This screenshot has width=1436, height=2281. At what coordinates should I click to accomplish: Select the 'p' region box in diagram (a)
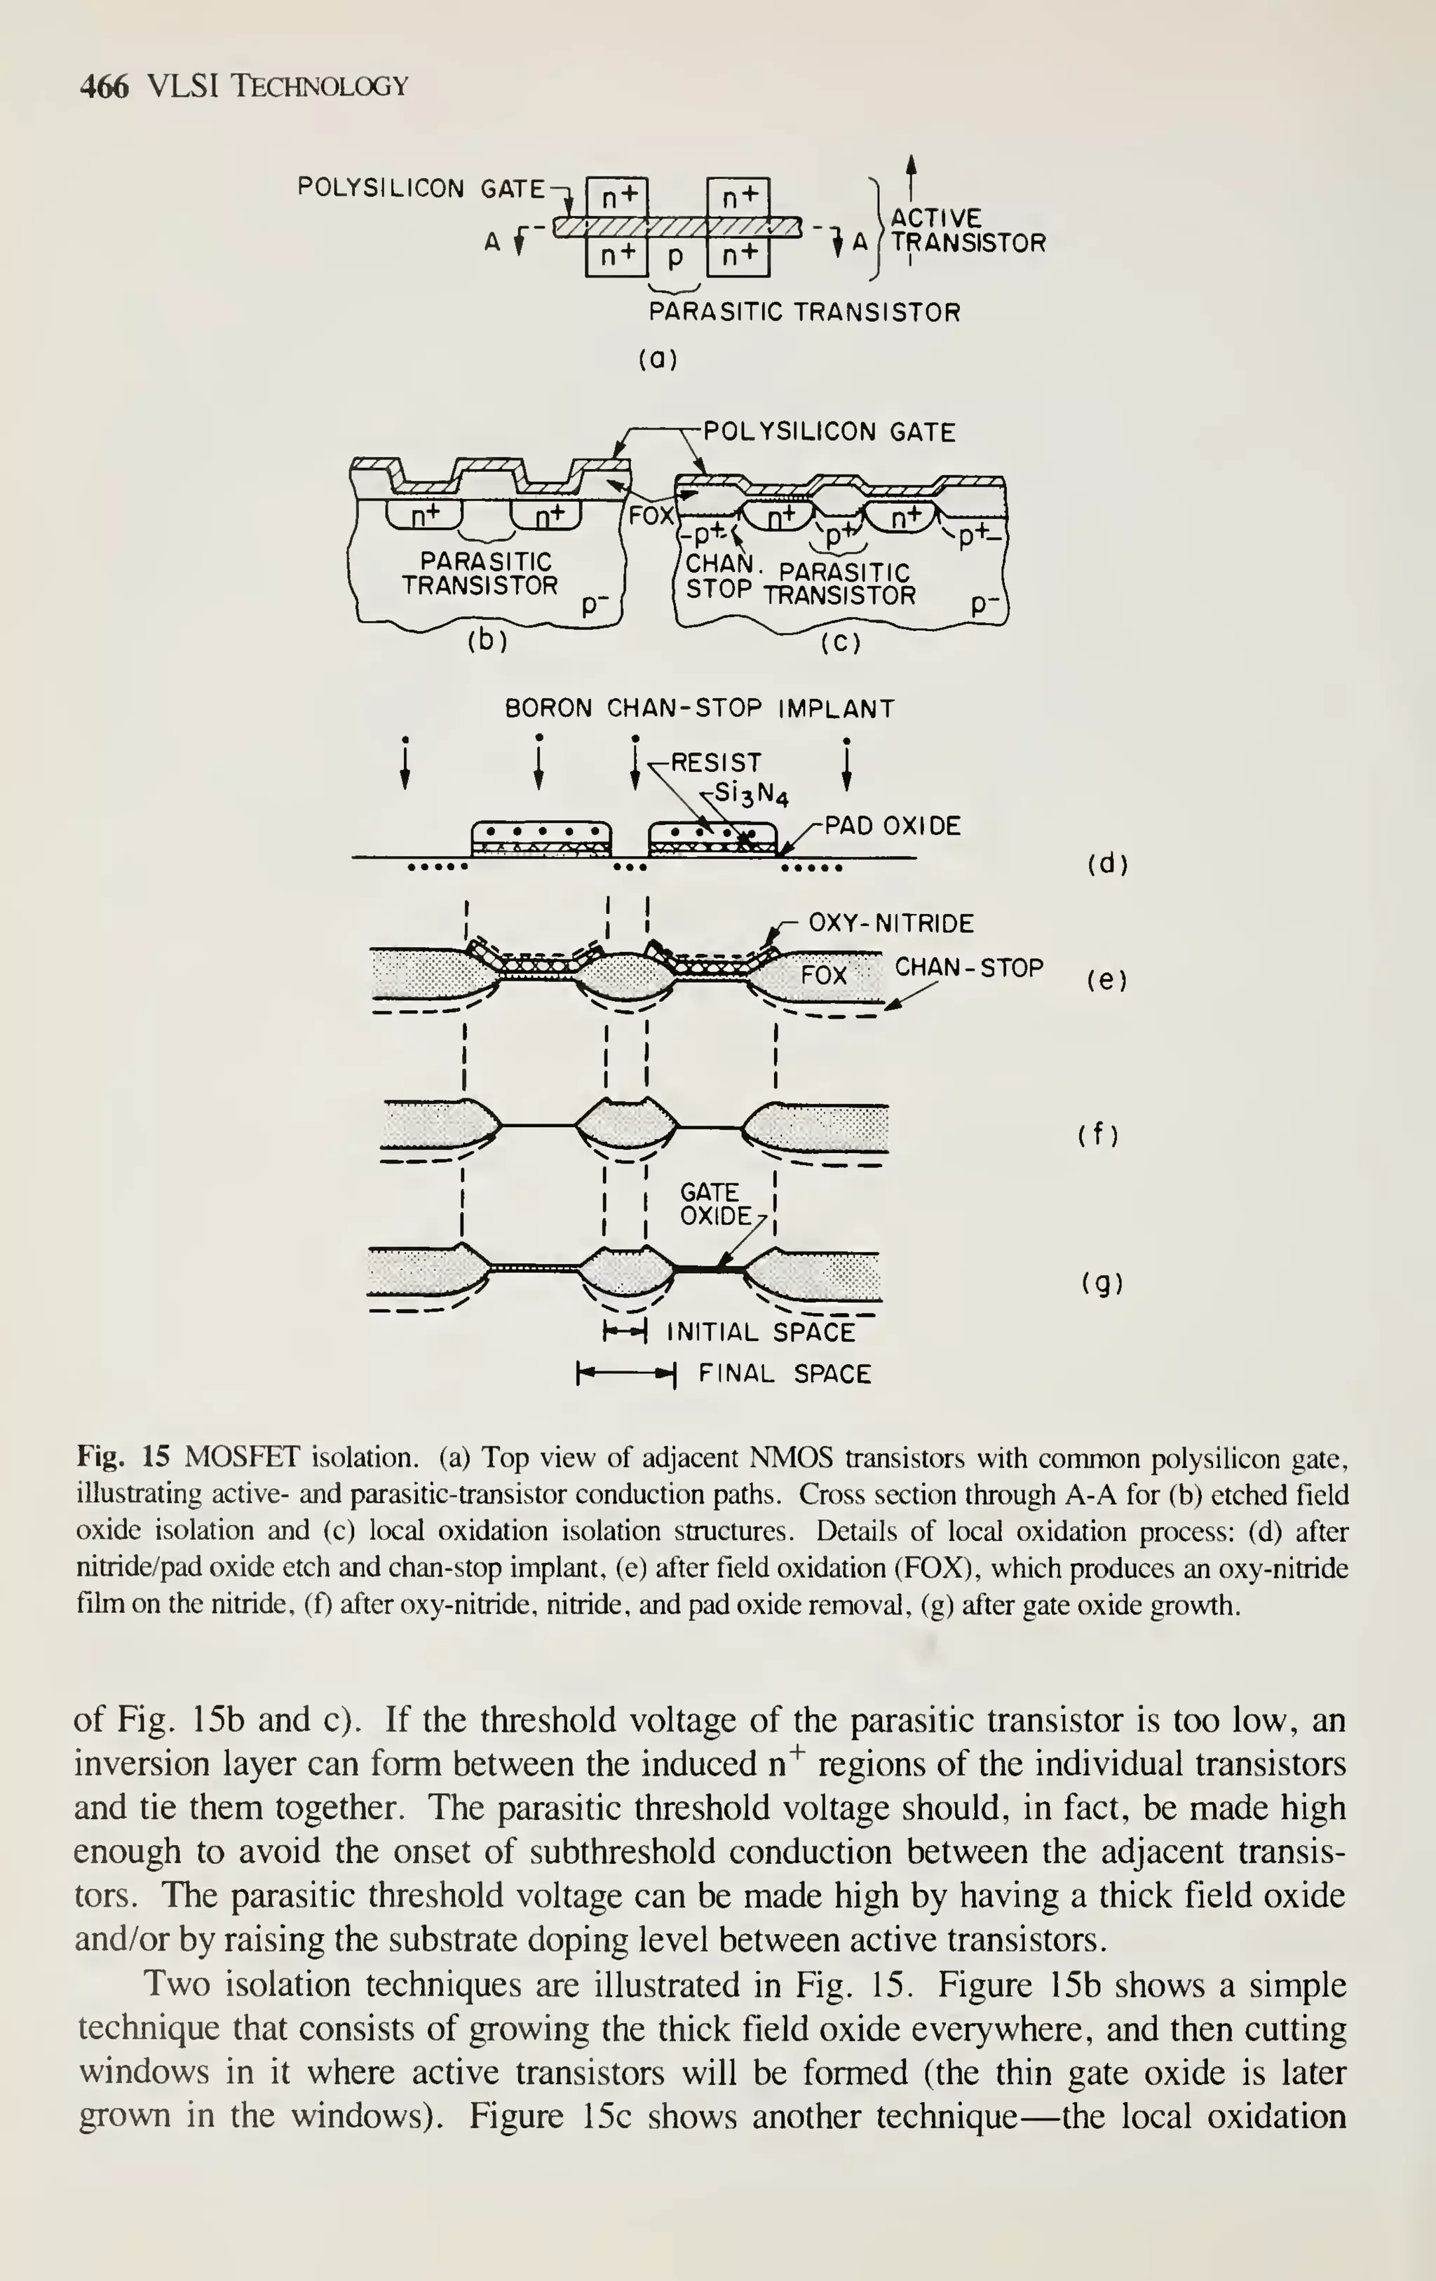tap(675, 256)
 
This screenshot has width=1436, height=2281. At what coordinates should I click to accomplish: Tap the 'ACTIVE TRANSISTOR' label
tap(966, 230)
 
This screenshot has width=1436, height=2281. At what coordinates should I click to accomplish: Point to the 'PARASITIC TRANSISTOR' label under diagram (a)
tap(804, 313)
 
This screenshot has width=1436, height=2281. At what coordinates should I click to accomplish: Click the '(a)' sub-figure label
tap(658, 360)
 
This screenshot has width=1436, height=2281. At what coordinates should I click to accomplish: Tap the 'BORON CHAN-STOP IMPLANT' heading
tap(699, 709)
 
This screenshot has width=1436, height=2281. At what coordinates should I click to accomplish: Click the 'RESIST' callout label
tap(715, 763)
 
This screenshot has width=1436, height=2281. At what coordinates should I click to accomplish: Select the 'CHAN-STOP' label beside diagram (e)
tap(969, 968)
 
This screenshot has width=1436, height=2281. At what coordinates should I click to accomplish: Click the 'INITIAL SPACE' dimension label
tap(761, 1333)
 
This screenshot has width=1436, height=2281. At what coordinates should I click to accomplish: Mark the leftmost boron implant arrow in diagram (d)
tap(405, 763)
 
